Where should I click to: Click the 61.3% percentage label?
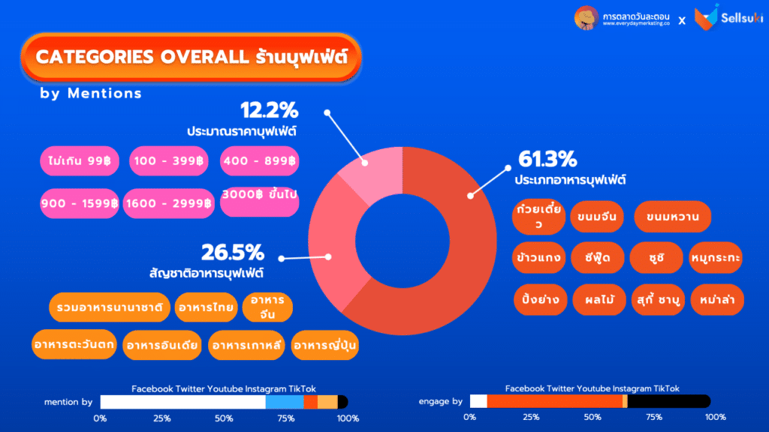point(547,160)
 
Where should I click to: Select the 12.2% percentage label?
point(270,111)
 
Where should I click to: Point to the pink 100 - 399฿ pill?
point(170,160)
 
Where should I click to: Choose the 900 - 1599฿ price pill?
point(79,202)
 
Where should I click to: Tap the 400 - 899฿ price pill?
point(259,160)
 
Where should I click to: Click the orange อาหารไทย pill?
point(204,307)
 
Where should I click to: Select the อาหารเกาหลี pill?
point(248,344)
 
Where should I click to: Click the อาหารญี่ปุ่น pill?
point(325,344)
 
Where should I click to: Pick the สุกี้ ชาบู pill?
point(656,299)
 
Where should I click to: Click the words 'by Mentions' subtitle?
point(91,94)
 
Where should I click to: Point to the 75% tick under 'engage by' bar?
point(654,417)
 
